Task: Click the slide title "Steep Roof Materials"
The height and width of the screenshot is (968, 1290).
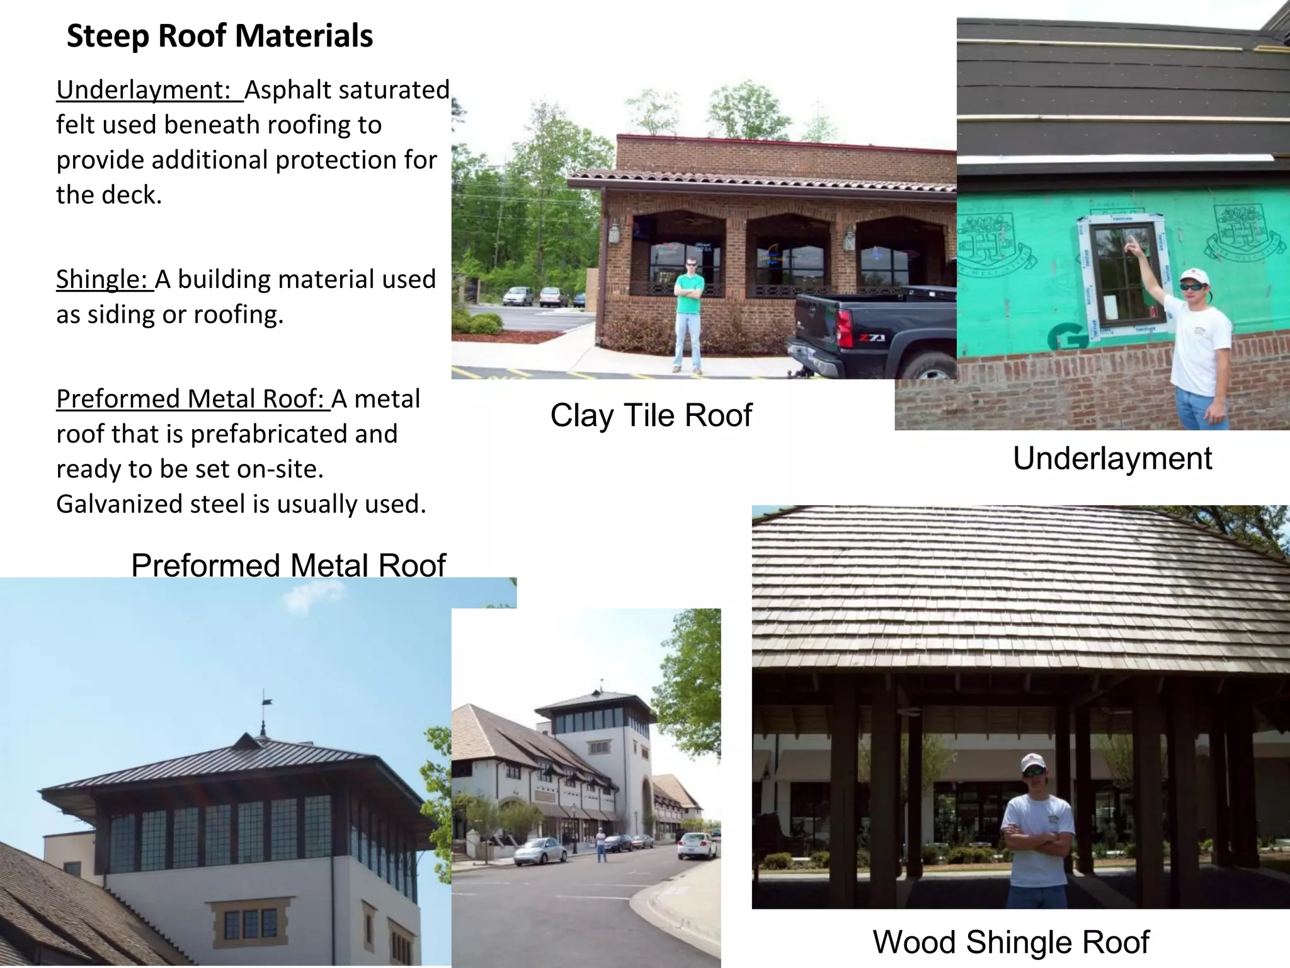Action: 219,36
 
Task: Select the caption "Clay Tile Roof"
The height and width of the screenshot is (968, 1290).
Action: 651,415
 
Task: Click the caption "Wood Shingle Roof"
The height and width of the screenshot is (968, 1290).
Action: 1010,942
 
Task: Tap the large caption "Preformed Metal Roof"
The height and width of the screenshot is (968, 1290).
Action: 288,565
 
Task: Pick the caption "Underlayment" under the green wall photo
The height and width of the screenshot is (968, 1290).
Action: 1112,458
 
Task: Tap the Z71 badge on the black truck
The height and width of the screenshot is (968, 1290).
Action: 872,339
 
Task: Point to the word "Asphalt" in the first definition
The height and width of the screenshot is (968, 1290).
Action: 284,90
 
